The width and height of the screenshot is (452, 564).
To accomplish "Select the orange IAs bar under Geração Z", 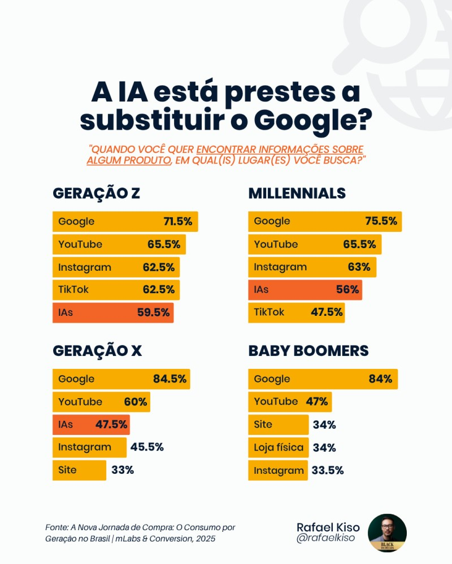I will tap(113, 312).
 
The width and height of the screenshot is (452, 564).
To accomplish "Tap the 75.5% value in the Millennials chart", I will tap(381, 221).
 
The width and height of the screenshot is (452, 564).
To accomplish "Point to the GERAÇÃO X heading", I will tap(97, 351).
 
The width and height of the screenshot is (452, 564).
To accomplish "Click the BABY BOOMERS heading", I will tap(308, 351).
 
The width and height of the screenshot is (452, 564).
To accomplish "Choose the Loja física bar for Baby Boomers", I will tap(279, 448).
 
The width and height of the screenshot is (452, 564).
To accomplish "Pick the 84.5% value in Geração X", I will tap(169, 379).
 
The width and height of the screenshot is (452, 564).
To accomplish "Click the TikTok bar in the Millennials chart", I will tap(296, 312).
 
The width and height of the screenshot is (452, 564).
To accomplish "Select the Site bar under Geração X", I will tap(79, 470).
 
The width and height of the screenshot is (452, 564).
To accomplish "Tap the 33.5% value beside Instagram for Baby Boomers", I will tap(327, 470).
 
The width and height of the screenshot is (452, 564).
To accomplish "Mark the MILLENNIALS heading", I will tap(297, 193).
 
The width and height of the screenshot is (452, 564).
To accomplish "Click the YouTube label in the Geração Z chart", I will tap(80, 244).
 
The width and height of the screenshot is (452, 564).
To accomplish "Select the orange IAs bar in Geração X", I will tap(91, 424).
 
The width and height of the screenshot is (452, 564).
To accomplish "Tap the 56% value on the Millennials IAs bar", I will tap(347, 290).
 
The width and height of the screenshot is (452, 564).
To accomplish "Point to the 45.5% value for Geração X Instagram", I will tap(147, 447).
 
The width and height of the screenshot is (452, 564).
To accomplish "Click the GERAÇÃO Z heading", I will tap(96, 193).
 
